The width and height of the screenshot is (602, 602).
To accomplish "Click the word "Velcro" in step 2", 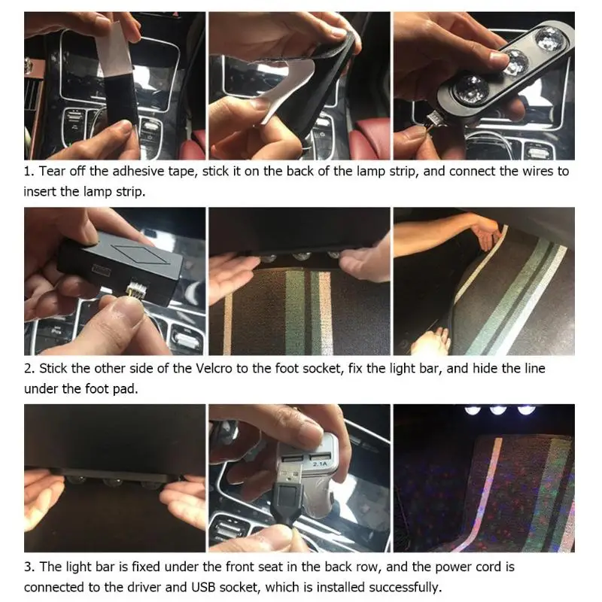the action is click(214, 369).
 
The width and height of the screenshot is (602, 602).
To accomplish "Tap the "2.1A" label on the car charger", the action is click(319, 464).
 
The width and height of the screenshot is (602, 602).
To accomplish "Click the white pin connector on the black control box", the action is click(135, 288).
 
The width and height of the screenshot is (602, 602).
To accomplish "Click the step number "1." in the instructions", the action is click(29, 172).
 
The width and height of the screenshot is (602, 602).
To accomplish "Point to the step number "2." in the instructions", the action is click(29, 369).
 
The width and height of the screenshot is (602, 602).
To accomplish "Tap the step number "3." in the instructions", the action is click(29, 567).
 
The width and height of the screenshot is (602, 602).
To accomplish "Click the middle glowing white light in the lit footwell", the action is click(498, 410).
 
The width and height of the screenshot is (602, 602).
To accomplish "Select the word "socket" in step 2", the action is click(323, 369).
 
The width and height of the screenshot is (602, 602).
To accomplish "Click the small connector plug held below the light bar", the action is click(436, 117).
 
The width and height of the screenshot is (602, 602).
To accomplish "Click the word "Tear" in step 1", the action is click(52, 171).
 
